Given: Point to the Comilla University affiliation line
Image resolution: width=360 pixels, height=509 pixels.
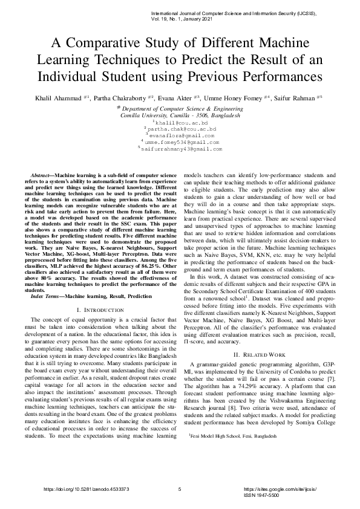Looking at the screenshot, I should pos(180,114).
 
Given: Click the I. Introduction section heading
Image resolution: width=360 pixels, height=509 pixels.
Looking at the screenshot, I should pos(91,310).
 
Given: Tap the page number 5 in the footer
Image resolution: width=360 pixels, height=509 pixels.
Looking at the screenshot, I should pos(180,489).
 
